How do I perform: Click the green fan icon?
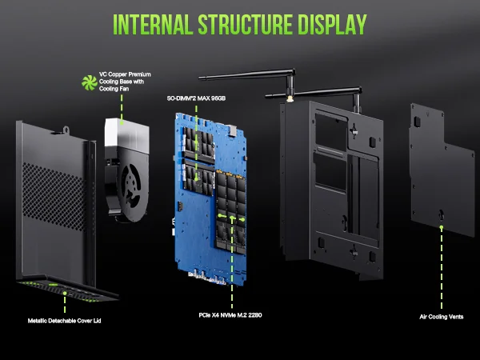pyautogui.click(x=89, y=81)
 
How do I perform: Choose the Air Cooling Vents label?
pyautogui.click(x=441, y=317)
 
